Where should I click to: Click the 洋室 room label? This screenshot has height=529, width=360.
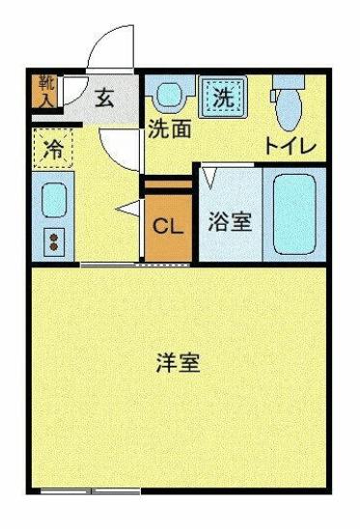(179, 364)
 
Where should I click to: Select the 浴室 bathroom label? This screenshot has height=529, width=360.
(230, 221)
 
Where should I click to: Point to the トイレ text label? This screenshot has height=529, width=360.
(291, 147)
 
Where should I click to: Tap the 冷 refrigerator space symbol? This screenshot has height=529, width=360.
(55, 150)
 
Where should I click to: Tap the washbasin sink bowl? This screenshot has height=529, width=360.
(171, 96)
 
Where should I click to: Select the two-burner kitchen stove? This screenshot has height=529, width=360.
(52, 239)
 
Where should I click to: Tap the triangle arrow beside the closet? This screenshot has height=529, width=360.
(126, 209)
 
